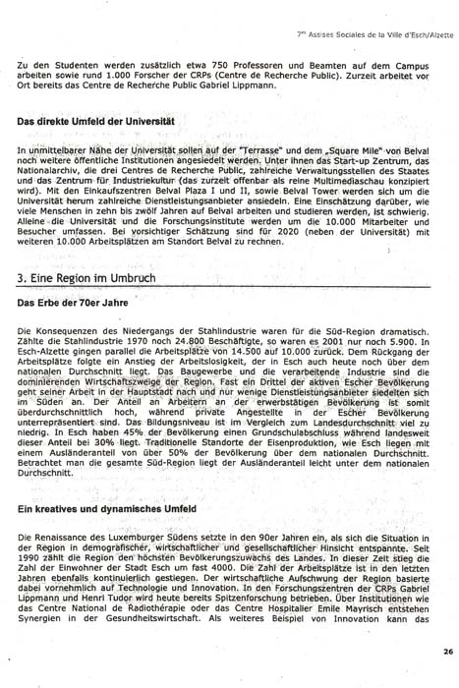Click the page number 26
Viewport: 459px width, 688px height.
(447, 652)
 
